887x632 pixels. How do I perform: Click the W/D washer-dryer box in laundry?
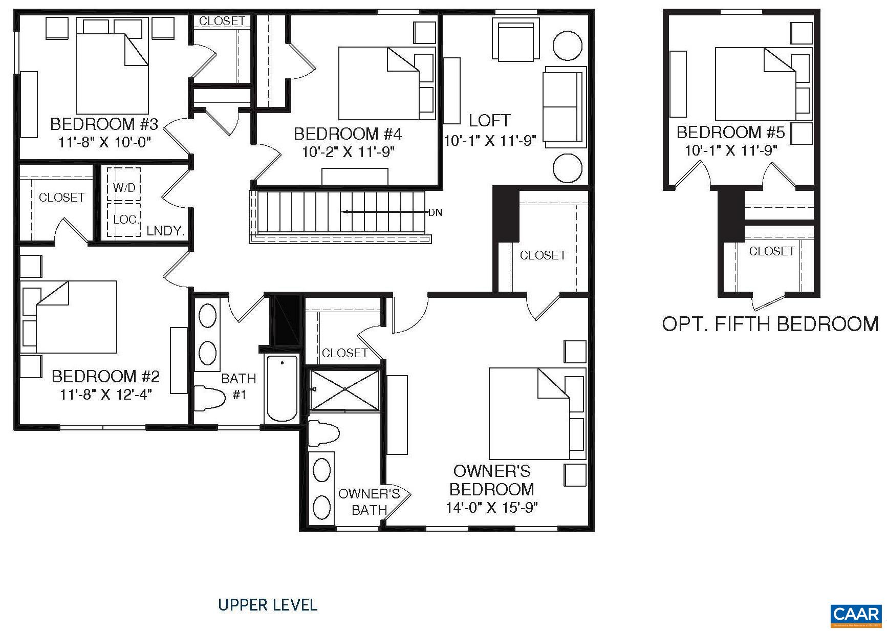[124, 187]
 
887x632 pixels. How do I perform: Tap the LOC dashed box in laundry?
[124, 220]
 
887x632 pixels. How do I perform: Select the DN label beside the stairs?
[435, 212]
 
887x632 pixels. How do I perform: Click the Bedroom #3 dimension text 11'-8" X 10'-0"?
[105, 142]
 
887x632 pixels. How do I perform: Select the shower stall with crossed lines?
[345, 390]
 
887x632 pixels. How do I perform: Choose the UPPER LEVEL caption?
[268, 605]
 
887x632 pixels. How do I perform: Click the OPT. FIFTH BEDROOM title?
[770, 324]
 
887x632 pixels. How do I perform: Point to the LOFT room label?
[489, 121]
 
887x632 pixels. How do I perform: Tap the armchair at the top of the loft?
[515, 40]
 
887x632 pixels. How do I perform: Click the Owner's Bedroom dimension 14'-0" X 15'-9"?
[491, 508]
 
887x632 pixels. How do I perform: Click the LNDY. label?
[165, 231]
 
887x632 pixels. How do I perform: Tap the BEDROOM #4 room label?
[348, 134]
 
